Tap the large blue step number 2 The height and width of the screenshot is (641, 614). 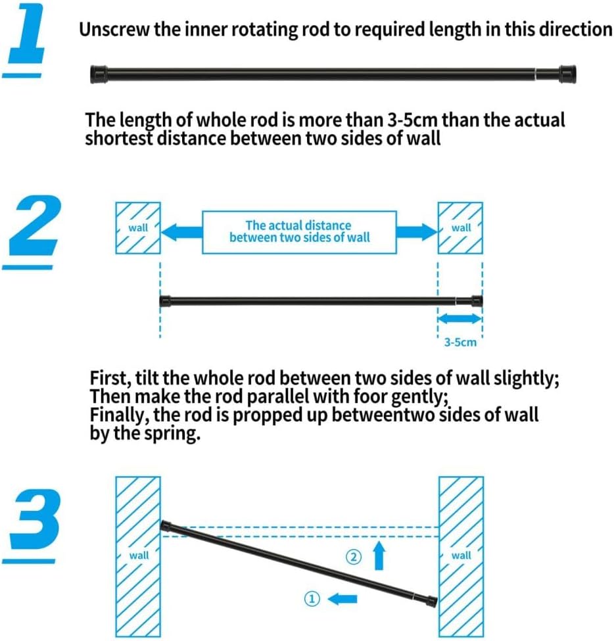(x=34, y=226)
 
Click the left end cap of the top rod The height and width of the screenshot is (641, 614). (x=99, y=74)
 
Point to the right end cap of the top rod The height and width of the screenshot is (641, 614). (x=568, y=74)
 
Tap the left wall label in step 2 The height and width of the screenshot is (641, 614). (x=138, y=227)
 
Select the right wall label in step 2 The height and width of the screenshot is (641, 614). (x=461, y=227)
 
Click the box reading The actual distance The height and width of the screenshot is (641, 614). (x=299, y=232)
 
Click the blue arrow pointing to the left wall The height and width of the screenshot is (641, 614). (x=182, y=232)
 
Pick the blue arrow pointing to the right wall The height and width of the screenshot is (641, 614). (x=417, y=232)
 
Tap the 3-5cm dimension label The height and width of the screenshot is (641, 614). (x=460, y=342)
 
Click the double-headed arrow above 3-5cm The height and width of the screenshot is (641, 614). (x=460, y=318)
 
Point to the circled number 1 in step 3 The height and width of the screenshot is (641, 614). (x=312, y=600)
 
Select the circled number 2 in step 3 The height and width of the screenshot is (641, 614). (x=354, y=557)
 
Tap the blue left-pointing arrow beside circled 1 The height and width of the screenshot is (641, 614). (x=342, y=600)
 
